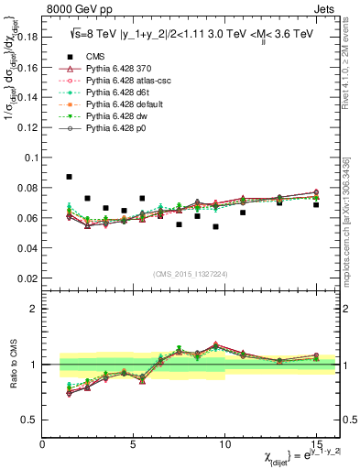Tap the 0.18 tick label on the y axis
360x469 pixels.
coord(27,37)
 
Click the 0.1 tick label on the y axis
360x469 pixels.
coord(31,157)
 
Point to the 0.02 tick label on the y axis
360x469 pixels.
coord(27,278)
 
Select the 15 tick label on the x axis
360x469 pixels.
coord(316,444)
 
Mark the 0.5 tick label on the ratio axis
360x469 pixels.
coord(31,420)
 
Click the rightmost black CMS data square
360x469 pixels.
coord(316,204)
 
